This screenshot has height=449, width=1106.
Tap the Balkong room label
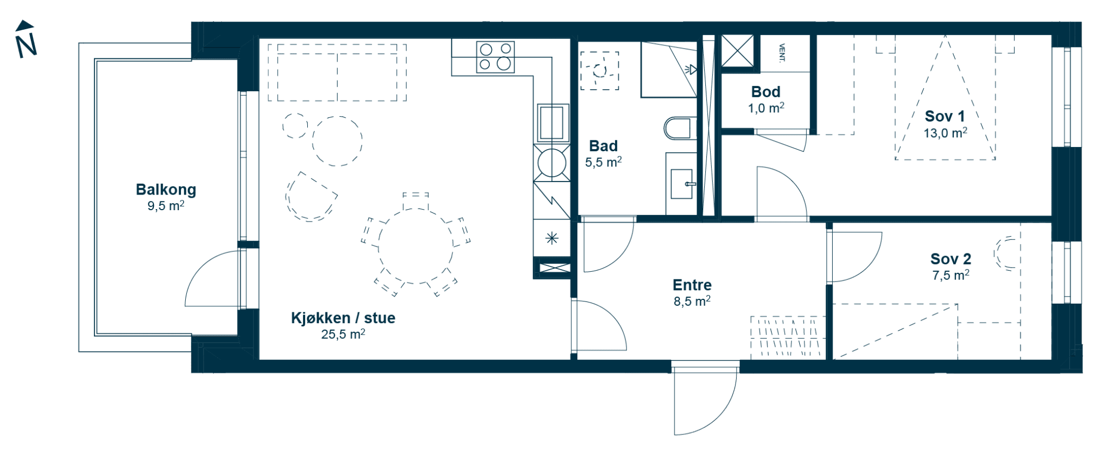166,190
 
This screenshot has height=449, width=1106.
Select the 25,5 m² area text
343,334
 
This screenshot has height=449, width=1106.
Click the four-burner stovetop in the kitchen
495,57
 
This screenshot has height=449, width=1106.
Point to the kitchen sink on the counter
551,123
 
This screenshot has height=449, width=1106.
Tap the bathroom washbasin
682,184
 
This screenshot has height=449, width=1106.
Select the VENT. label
782,53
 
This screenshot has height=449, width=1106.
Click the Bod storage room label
766,92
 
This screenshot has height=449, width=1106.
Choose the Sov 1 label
945,116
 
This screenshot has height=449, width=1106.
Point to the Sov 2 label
950,259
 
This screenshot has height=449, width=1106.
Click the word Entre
692,285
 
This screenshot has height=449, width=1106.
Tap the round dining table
415,246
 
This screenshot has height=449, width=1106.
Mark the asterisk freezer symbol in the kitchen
551,238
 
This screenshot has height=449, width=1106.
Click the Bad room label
603,146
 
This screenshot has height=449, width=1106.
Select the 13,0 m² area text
945,133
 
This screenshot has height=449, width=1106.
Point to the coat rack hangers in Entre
787,337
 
